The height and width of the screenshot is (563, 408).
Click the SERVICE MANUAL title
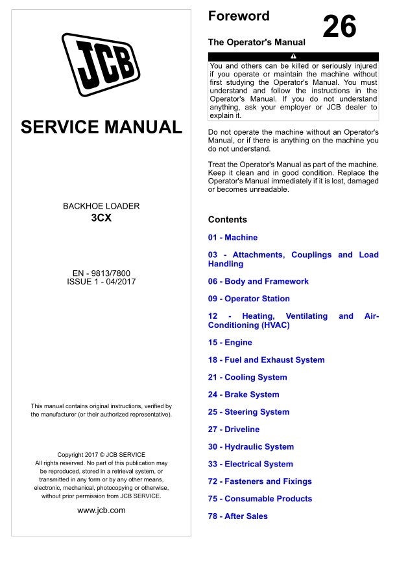click(x=101, y=126)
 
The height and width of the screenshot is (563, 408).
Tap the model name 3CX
click(x=101, y=218)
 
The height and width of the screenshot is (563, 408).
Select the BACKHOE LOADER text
click(x=101, y=206)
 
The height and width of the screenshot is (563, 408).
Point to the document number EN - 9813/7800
click(x=101, y=272)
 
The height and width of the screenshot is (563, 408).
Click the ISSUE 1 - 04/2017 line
click(x=101, y=282)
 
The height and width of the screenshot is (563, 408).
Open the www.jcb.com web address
click(x=101, y=510)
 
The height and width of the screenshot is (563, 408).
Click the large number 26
click(x=339, y=27)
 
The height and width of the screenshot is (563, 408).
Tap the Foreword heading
click(x=239, y=16)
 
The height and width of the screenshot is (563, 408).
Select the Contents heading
click(x=227, y=220)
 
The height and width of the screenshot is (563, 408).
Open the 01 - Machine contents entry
click(x=232, y=238)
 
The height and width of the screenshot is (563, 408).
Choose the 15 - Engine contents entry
click(x=230, y=342)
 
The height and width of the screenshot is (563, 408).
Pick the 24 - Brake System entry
click(x=243, y=395)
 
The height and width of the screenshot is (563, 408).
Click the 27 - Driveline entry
click(x=234, y=429)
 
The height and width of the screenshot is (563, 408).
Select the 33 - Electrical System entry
click(x=250, y=464)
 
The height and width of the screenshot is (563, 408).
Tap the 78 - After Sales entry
click(x=237, y=516)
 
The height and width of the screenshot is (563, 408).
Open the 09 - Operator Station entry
click(x=248, y=299)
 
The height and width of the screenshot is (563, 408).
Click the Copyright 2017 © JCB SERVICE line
click(x=101, y=454)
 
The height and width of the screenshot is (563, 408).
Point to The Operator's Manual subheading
click(x=256, y=42)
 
